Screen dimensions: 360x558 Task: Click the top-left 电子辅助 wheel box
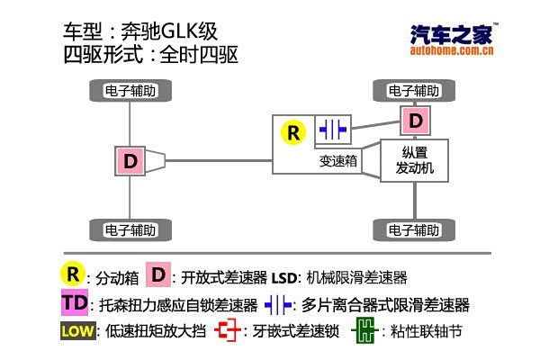tap(131, 91)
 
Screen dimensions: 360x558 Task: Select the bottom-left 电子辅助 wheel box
tap(131, 228)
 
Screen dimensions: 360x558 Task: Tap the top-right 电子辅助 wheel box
tap(413, 91)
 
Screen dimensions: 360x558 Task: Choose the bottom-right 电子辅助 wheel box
tap(413, 228)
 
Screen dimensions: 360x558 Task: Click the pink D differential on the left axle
tap(130, 161)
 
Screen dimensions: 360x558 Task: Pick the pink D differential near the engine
tap(414, 120)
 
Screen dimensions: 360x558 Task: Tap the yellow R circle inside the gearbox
tap(292, 132)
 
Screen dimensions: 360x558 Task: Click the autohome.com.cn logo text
tap(451, 51)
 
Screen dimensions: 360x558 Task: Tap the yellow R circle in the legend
tap(72, 273)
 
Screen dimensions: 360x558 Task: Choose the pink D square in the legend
tap(158, 274)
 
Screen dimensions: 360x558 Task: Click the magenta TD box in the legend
tap(76, 302)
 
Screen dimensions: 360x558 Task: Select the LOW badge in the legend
tap(77, 331)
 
